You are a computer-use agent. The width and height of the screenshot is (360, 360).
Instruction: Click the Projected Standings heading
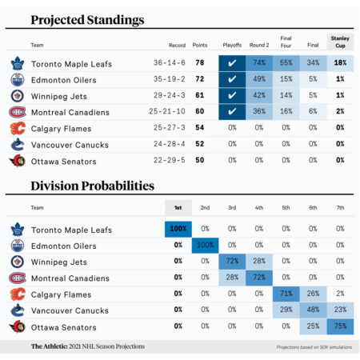87,18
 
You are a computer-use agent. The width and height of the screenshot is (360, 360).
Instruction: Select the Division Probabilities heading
92,186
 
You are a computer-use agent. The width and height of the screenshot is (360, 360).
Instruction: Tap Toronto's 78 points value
200,62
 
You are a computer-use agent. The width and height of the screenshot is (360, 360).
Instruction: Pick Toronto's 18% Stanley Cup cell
340,62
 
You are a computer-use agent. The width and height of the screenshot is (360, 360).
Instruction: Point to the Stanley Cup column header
340,42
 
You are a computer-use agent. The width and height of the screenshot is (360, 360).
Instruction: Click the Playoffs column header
232,46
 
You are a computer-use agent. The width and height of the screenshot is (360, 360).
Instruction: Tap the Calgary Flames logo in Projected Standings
17,128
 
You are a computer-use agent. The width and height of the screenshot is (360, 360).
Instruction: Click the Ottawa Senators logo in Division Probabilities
17,326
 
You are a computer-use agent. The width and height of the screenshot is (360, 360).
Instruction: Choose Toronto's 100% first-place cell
178,229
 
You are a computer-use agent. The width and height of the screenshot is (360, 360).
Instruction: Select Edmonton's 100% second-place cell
206,245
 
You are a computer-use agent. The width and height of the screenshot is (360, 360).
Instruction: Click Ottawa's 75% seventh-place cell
340,326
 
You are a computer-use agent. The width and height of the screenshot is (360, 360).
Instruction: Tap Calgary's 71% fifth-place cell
286,294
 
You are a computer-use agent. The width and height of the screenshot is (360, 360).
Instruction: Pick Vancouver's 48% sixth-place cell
313,310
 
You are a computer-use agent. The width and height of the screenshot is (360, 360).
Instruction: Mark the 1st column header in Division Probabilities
178,208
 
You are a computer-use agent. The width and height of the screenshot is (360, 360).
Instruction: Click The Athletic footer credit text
88,346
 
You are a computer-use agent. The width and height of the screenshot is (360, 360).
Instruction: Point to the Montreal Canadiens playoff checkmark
232,112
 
